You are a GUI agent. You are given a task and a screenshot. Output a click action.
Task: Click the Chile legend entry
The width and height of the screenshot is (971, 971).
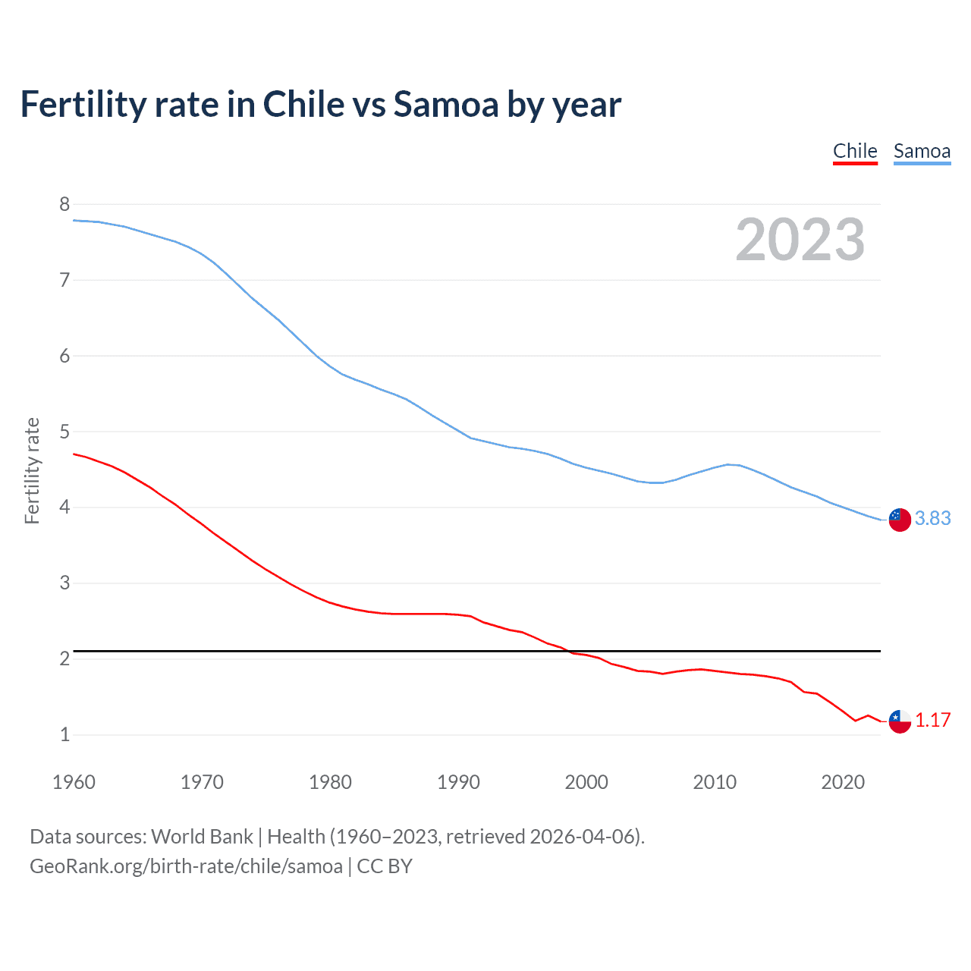[x=855, y=151]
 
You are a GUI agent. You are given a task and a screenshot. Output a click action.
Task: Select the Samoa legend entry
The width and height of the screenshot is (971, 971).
[x=922, y=151]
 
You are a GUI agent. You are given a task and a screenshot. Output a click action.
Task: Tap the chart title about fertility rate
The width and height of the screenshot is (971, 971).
[x=320, y=104]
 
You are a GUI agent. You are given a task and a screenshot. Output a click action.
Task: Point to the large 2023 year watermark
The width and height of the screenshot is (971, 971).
[x=800, y=240]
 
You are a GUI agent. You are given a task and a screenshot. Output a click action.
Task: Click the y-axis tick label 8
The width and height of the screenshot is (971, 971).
[x=64, y=204]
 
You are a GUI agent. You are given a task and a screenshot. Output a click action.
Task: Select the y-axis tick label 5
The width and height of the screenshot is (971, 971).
[x=64, y=432]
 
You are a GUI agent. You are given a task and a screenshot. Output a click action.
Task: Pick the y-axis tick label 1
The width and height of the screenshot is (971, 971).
[x=64, y=734]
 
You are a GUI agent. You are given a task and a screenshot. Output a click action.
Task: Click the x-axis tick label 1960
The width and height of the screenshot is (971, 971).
[x=74, y=782]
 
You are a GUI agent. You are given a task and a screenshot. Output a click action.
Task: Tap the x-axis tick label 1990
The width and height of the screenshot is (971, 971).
[x=458, y=782]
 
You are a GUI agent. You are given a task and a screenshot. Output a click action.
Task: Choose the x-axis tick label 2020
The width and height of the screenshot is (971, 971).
[x=843, y=782]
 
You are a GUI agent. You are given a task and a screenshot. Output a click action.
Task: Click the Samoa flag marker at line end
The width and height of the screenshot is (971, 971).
[x=900, y=520]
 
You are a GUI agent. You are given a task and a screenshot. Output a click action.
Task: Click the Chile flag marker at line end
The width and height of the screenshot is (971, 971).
[x=900, y=721]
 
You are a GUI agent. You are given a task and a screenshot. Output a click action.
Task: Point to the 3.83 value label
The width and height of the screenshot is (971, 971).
[x=932, y=518]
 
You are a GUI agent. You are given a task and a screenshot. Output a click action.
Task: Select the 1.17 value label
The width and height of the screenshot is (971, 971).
[x=932, y=720]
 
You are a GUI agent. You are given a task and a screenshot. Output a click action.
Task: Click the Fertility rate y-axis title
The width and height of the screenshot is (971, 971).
[x=32, y=470]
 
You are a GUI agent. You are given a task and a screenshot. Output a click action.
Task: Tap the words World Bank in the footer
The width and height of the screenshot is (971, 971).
[x=202, y=837]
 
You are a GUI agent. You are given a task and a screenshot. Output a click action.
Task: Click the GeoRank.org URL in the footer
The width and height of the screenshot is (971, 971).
[x=186, y=866]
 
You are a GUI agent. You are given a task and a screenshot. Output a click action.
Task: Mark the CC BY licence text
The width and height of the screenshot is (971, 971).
[x=385, y=866]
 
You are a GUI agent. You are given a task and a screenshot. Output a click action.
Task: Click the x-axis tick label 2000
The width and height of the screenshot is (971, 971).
[x=586, y=782]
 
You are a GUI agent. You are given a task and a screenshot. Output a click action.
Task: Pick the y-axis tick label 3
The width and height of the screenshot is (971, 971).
[x=64, y=583]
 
